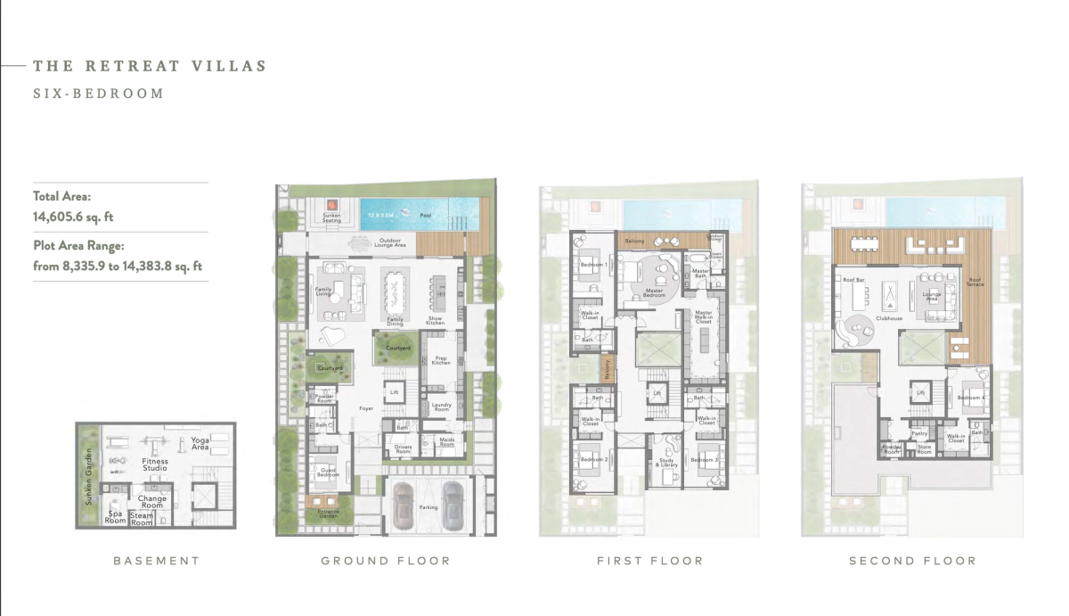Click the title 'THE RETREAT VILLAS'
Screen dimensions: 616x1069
[x=149, y=66]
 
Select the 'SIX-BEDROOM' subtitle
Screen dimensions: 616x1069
[x=98, y=93]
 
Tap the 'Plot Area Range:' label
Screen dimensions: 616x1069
[x=78, y=246]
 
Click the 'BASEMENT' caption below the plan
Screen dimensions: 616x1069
[x=156, y=561]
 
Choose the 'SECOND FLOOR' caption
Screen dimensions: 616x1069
[x=912, y=561]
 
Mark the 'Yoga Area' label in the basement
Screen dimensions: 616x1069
[x=200, y=443]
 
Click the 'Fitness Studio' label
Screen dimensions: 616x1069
[x=155, y=464]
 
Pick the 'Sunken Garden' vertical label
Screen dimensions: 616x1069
[x=88, y=488]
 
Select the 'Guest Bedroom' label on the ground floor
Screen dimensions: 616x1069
[x=327, y=472]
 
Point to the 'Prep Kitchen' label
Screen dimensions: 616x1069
[x=441, y=360]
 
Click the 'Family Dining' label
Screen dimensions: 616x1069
[x=395, y=320]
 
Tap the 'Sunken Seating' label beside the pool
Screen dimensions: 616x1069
[x=331, y=218]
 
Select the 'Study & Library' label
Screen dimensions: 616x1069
[x=667, y=464]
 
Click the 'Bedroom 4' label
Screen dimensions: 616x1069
[x=969, y=397]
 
